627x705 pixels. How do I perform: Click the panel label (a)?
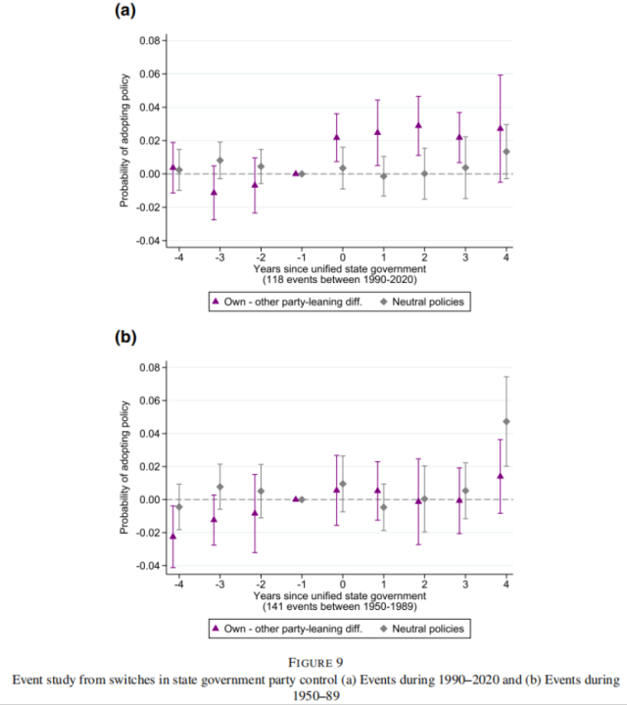click(125, 10)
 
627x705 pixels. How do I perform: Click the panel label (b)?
click(125, 337)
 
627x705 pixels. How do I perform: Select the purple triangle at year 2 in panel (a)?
click(418, 125)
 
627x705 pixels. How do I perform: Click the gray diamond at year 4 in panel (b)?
click(506, 422)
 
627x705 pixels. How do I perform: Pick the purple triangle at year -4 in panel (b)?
click(172, 536)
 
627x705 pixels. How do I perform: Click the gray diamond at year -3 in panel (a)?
click(220, 161)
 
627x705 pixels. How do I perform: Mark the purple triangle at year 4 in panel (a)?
click(501, 127)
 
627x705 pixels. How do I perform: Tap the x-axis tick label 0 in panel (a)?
click(342, 258)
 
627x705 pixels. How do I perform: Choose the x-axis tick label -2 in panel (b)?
click(261, 585)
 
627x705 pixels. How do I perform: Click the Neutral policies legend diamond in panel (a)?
click(384, 302)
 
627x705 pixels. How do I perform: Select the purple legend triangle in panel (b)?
click(216, 628)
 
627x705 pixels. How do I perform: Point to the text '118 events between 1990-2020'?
click(340, 280)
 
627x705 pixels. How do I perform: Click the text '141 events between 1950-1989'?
click(340, 606)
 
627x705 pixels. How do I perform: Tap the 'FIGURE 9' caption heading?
click(315, 663)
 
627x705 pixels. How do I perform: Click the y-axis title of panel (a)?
click(124, 141)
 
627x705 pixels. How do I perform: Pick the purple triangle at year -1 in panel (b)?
click(296, 499)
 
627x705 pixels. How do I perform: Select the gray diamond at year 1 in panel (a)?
click(384, 176)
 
